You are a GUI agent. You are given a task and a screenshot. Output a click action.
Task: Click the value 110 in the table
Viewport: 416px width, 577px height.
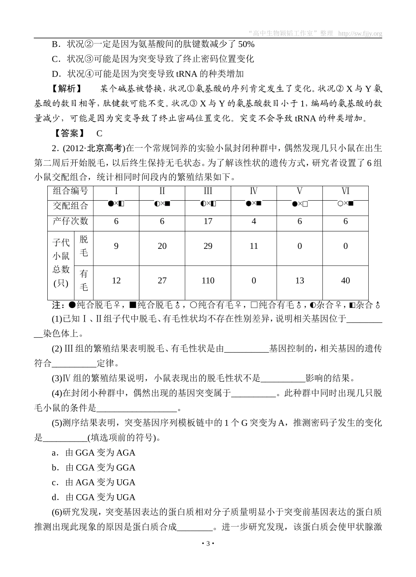pyautogui.click(x=208, y=280)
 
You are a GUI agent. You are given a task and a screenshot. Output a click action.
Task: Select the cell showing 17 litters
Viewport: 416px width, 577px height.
pyautogui.click(x=208, y=221)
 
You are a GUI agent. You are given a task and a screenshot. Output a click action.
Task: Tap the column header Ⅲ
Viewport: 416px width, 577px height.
pyautogui.click(x=208, y=191)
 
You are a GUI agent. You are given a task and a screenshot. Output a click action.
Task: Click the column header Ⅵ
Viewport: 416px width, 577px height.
pyautogui.click(x=345, y=191)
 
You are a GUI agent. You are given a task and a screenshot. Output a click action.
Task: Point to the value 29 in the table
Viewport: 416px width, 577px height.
pyautogui.click(x=208, y=246)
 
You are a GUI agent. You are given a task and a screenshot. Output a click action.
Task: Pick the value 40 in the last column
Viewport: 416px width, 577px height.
pyautogui.click(x=345, y=280)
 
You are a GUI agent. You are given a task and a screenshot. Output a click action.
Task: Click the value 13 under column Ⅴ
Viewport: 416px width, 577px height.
pyautogui.click(x=300, y=280)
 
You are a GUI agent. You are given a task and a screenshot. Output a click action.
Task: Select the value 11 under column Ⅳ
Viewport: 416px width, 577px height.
pyautogui.click(x=254, y=246)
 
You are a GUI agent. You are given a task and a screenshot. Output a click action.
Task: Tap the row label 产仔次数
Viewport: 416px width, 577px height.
pyautogui.click(x=71, y=221)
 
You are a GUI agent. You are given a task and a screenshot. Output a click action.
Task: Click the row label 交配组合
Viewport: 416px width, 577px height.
pyautogui.click(x=71, y=206)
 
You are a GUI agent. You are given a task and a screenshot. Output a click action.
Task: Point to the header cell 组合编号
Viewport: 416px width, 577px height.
pyautogui.click(x=71, y=191)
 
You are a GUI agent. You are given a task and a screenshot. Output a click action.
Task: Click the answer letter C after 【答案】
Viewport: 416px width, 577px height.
pyautogui.click(x=99, y=134)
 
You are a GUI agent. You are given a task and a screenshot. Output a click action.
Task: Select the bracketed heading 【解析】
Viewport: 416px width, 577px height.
pyautogui.click(x=67, y=89)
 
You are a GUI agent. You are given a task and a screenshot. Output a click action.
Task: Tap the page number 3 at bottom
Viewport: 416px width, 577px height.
pyautogui.click(x=208, y=544)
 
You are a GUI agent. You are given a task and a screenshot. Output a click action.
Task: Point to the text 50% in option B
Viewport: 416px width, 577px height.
pyautogui.click(x=246, y=44)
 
